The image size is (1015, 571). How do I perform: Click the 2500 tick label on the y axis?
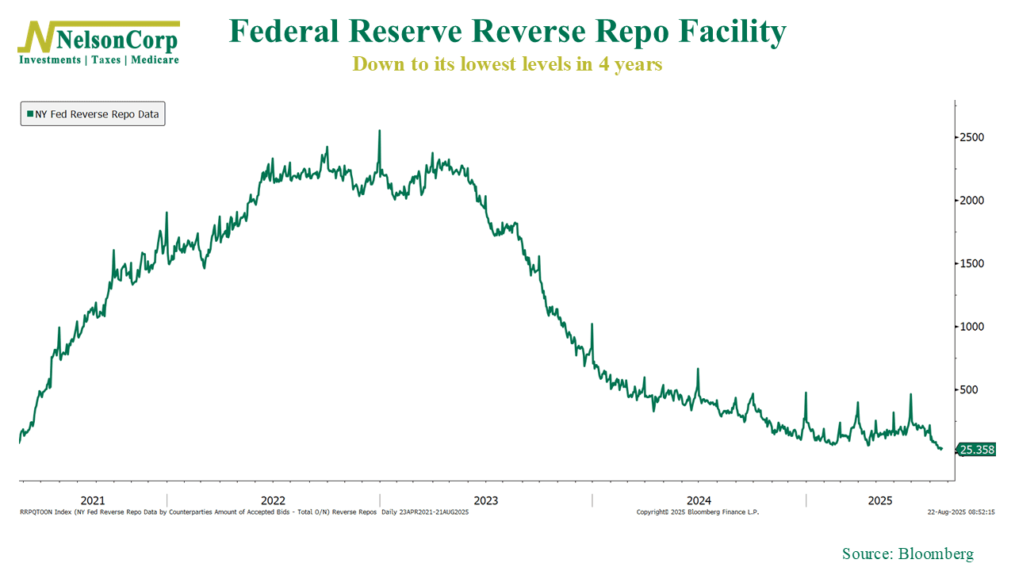(x=972, y=137)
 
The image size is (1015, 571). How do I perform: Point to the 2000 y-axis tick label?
(x=972, y=201)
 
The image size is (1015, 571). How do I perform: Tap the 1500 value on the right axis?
(x=972, y=263)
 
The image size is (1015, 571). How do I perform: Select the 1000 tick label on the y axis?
(x=972, y=327)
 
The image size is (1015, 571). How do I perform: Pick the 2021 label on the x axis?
(x=93, y=500)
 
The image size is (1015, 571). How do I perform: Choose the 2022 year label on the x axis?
(x=274, y=500)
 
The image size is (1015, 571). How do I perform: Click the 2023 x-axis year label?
(x=485, y=500)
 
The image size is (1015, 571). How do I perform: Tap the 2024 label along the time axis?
(x=699, y=500)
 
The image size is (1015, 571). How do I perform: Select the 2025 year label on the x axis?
(x=880, y=500)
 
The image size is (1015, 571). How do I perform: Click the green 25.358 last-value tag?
(x=977, y=450)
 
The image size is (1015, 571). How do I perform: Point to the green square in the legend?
(x=30, y=114)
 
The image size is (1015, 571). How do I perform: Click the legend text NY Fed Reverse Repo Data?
(x=97, y=114)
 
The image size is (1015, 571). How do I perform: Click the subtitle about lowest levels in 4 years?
(x=507, y=64)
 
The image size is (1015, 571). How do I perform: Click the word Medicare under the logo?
(x=155, y=60)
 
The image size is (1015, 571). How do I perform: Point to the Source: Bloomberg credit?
(x=907, y=554)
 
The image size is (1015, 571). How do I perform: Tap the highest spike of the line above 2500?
(x=379, y=132)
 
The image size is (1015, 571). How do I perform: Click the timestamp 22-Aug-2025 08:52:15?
(x=961, y=512)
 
